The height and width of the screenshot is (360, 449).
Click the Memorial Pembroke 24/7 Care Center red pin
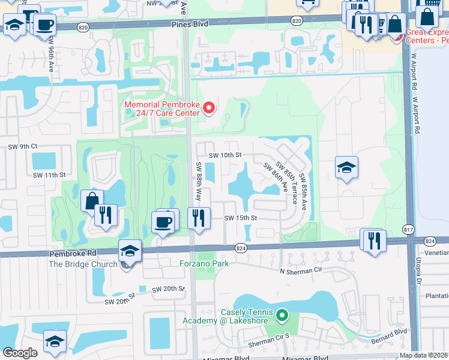(209, 108)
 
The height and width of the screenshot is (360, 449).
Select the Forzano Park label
(204, 263)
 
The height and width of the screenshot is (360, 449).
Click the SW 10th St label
(224, 155)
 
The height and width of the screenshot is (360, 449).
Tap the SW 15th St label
(240, 218)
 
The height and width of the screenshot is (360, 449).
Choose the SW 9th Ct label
(23, 146)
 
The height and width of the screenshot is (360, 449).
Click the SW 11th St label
(48, 175)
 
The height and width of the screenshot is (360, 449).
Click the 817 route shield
(409, 229)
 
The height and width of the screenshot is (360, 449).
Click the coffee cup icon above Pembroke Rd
(165, 221)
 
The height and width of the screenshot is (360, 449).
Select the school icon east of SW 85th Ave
(346, 168)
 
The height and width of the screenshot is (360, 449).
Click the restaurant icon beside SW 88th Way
(199, 218)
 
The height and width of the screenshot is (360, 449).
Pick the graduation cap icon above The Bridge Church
(130, 251)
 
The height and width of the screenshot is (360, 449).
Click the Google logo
(20, 353)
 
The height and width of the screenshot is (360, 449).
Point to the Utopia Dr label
(416, 269)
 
